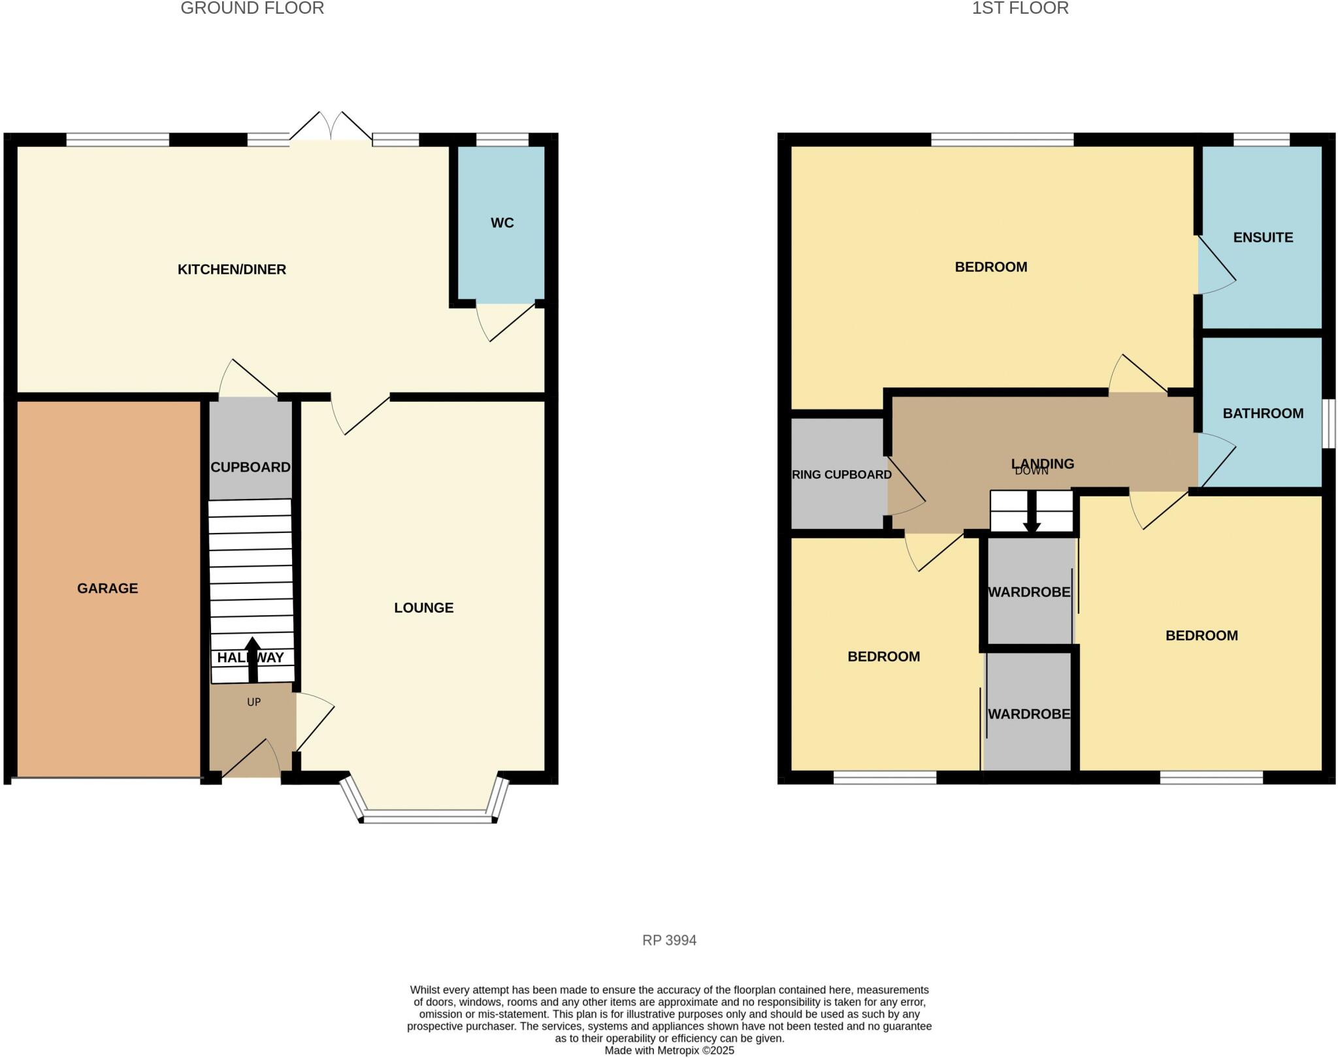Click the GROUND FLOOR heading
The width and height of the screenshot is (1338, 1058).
252,8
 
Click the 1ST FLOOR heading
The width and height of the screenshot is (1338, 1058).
1020,8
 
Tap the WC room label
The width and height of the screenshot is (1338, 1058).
502,223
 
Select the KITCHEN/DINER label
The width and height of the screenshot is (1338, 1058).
232,270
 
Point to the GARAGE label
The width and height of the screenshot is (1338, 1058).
107,588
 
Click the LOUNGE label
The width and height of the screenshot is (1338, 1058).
423,608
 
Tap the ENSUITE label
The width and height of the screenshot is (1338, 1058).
1263,238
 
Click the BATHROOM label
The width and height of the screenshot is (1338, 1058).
1263,413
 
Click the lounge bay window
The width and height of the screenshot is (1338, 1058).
427,816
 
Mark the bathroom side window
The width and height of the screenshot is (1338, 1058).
1328,424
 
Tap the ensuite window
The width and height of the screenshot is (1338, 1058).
1261,139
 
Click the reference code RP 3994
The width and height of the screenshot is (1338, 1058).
669,940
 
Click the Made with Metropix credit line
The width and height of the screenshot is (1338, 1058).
669,1051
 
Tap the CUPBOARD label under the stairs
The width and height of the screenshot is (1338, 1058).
250,468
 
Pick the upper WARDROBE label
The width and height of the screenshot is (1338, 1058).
1028,592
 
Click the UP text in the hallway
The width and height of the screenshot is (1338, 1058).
253,702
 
